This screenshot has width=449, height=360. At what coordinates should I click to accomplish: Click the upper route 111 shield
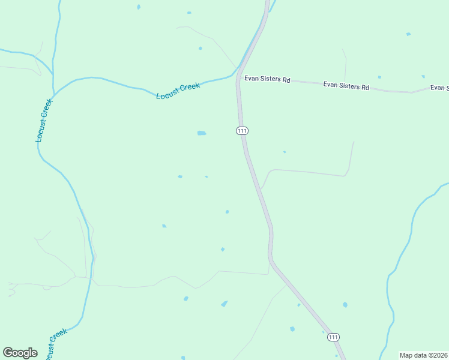click(x=242, y=130)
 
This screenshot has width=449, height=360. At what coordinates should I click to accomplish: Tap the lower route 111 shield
click(x=333, y=338)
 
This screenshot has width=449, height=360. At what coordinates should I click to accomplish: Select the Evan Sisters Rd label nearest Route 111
click(x=267, y=79)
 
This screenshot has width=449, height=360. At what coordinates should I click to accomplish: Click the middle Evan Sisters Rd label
click(x=346, y=86)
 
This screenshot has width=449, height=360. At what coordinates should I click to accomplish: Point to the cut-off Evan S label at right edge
click(x=439, y=88)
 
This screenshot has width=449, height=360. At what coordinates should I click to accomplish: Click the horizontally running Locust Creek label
click(x=178, y=91)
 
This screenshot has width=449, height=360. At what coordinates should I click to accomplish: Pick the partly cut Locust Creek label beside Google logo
click(x=55, y=343)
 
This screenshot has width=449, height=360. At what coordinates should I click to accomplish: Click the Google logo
click(x=20, y=353)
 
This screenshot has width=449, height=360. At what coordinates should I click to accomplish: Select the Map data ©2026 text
click(x=423, y=355)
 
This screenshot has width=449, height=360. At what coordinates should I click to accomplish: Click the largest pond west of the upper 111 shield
click(x=202, y=133)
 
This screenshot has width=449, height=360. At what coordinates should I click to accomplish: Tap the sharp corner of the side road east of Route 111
click(x=345, y=176)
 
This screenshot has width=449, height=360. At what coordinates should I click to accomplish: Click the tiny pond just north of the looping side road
click(x=285, y=152)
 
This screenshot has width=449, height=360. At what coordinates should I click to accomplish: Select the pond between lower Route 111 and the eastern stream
click(x=345, y=305)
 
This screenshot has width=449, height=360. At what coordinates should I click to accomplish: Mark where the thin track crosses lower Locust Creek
click(x=92, y=278)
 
